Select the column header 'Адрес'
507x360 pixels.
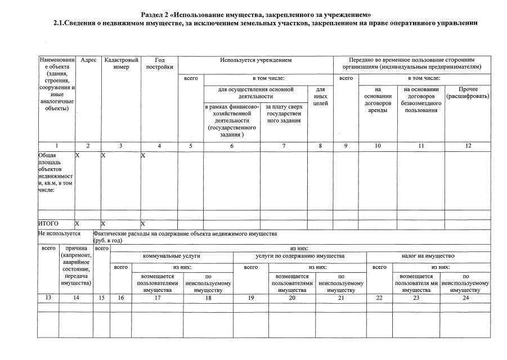coord(88,60)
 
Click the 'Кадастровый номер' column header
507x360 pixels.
coord(121,63)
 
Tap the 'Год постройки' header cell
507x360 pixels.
coord(159,63)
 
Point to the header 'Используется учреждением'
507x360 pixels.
coord(256,60)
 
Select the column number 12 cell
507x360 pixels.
coord(468,146)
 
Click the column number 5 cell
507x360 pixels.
coord(191,146)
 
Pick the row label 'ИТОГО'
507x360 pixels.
coord(48,223)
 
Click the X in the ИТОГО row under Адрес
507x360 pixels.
coord(78,223)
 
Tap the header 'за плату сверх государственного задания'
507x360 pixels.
coord(284,113)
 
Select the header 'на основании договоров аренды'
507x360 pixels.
coord(378,100)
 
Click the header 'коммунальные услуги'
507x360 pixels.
coord(172,256)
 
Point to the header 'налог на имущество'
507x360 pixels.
coord(428,256)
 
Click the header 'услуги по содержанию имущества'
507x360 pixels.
coord(300,256)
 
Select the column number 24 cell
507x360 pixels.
coord(465,298)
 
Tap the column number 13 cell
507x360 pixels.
coord(48,298)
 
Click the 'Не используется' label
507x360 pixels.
coord(59,233)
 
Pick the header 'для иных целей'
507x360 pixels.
coord(321,97)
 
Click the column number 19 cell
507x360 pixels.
coord(252,298)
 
